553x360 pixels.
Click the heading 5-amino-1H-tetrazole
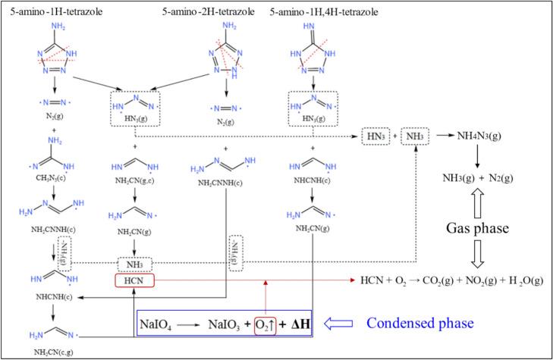[x=57, y=12]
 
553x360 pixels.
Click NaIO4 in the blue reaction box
[x=162, y=324]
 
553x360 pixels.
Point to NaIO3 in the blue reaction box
[x=227, y=324]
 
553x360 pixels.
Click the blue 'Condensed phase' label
[x=419, y=323]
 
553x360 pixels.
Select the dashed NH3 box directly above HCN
[x=135, y=264]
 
